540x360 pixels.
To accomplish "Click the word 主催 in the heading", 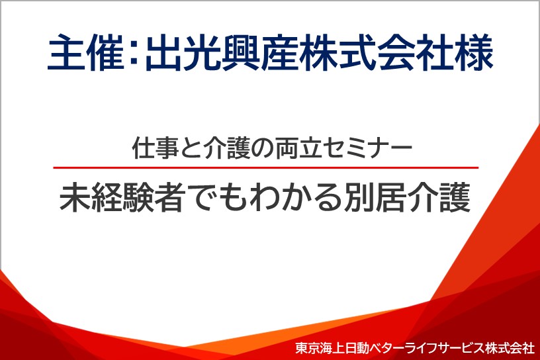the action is point(85,53).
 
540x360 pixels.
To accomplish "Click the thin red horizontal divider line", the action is point(266,168).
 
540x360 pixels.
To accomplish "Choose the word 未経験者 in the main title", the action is point(121,197).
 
